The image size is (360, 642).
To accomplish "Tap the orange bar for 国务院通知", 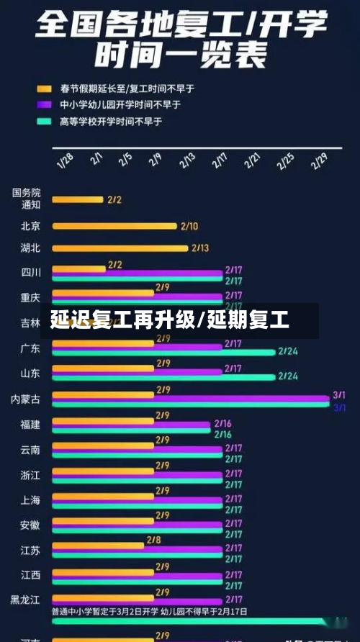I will (x=78, y=199).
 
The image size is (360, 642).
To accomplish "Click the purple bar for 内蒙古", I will (x=191, y=397).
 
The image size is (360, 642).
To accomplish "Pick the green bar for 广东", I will (x=163, y=353).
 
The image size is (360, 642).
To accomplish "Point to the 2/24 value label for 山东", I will (x=288, y=376).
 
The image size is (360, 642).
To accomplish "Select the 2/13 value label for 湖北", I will (x=199, y=248).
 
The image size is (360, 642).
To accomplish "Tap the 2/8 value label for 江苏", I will (x=153, y=539).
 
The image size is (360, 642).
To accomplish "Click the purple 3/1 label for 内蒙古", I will (x=339, y=395).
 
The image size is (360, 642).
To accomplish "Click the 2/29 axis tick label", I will (x=319, y=160).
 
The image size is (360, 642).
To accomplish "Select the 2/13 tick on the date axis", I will (x=186, y=160).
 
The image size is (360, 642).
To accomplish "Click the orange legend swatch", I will (x=44, y=89).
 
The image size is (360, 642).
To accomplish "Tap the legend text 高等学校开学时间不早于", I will (x=111, y=122).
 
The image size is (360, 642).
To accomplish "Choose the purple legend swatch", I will (x=44, y=105).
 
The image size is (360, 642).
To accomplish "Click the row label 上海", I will (x=30, y=500).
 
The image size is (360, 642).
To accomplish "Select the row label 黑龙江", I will (x=26, y=600).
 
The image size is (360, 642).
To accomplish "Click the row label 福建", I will (x=30, y=425).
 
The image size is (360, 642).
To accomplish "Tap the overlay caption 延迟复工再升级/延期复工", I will (x=170, y=320).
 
